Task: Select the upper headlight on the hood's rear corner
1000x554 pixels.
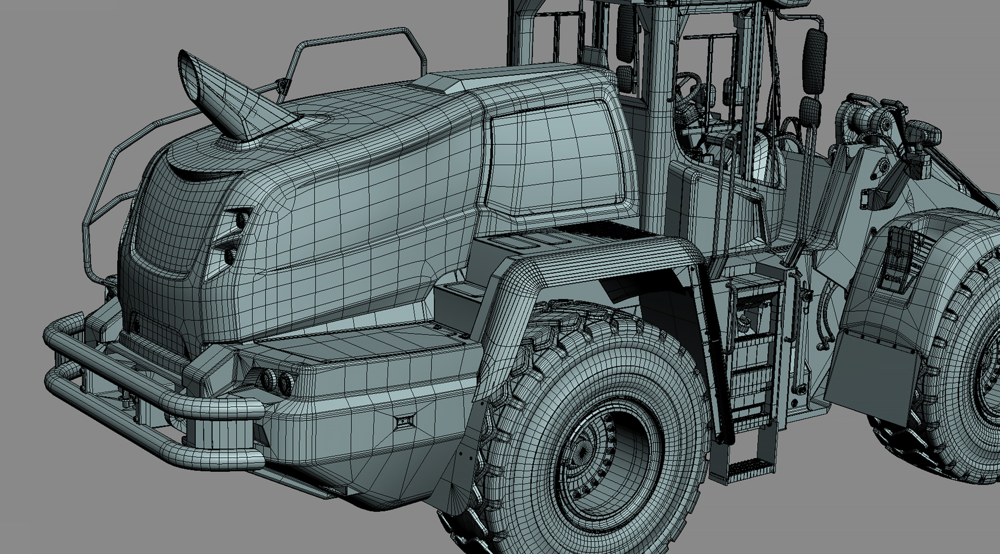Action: click(x=241, y=219)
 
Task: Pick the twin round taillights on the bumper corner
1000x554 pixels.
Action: click(x=277, y=381)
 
